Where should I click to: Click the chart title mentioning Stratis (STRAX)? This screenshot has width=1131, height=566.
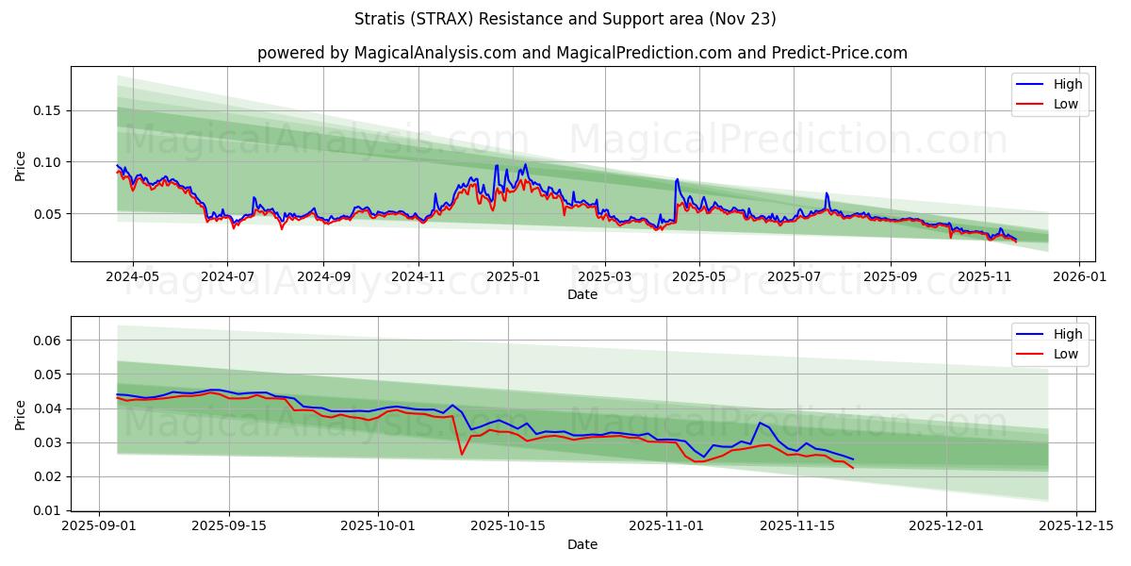tap(565, 19)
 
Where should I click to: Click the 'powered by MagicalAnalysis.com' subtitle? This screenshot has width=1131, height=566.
tap(582, 53)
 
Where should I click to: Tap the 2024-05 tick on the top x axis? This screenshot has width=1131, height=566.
tap(132, 277)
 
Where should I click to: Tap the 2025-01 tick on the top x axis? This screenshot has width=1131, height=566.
tap(513, 277)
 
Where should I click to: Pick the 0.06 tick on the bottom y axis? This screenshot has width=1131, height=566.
tap(47, 341)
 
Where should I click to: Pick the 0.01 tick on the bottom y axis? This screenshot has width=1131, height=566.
tap(47, 510)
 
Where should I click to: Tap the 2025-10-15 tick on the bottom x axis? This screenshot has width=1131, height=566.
tap(508, 526)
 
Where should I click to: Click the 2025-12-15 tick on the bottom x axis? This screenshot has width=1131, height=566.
tap(1076, 526)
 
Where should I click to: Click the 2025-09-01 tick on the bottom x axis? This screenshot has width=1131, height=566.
tap(99, 526)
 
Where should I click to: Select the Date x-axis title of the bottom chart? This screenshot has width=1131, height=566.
tap(582, 544)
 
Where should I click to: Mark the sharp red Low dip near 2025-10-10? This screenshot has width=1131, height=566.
tap(462, 454)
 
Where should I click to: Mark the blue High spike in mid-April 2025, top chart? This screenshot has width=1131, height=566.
tap(677, 179)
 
